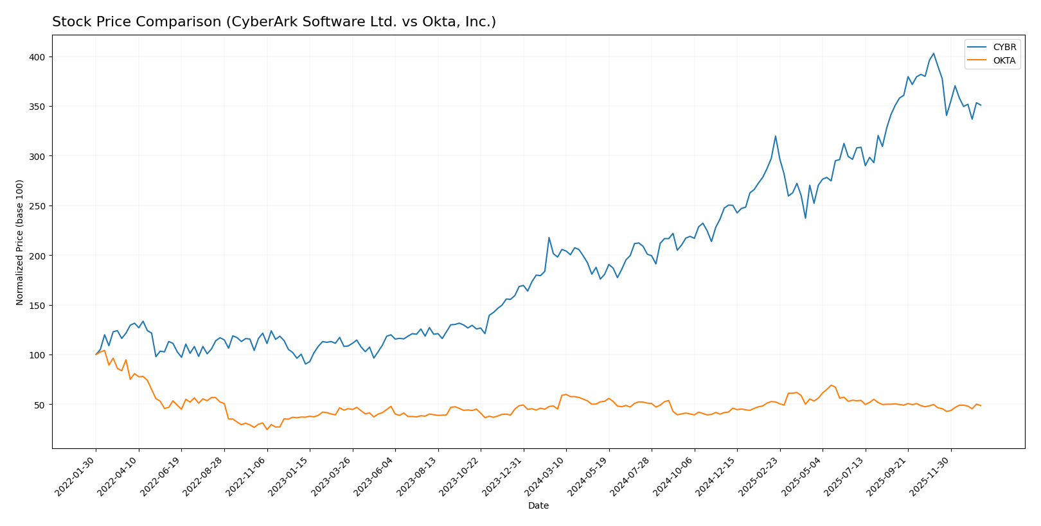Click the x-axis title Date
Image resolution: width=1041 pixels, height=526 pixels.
coord(538,506)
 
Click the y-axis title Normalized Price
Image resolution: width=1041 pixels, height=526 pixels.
coord(20,242)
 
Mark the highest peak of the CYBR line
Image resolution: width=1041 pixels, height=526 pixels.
coord(933,53)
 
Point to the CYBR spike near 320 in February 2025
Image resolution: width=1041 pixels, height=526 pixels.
coord(775,136)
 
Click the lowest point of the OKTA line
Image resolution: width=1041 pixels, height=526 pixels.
coord(267,429)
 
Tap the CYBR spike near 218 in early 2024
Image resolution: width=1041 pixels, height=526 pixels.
coord(549,238)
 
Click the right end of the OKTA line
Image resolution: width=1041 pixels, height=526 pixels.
coord(981,405)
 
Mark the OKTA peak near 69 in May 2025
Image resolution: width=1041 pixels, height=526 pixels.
coord(831,385)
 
